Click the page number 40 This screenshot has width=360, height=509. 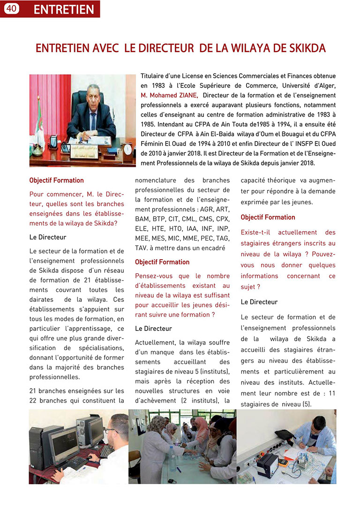11,8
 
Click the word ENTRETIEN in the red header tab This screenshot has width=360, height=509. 64,9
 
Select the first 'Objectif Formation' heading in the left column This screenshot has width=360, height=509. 56,180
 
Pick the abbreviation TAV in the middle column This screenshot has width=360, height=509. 142,247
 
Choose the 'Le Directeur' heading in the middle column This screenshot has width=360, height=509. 153,329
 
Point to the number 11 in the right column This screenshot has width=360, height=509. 331,393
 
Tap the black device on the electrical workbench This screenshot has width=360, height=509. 268,464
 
